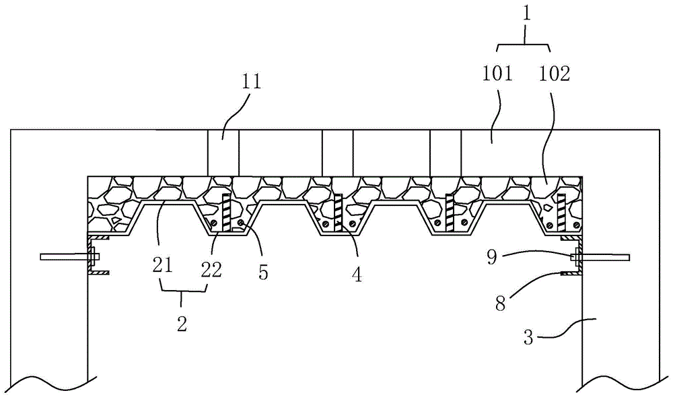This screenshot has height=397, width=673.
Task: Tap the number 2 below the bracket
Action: [182, 324]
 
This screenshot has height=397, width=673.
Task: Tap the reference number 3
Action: [530, 336]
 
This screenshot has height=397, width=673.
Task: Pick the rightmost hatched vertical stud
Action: [559, 212]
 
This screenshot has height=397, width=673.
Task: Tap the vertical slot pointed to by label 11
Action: [223, 153]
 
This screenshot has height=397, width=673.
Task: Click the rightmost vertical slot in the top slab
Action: [446, 153]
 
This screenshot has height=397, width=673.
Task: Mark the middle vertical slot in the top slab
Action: [337, 153]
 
